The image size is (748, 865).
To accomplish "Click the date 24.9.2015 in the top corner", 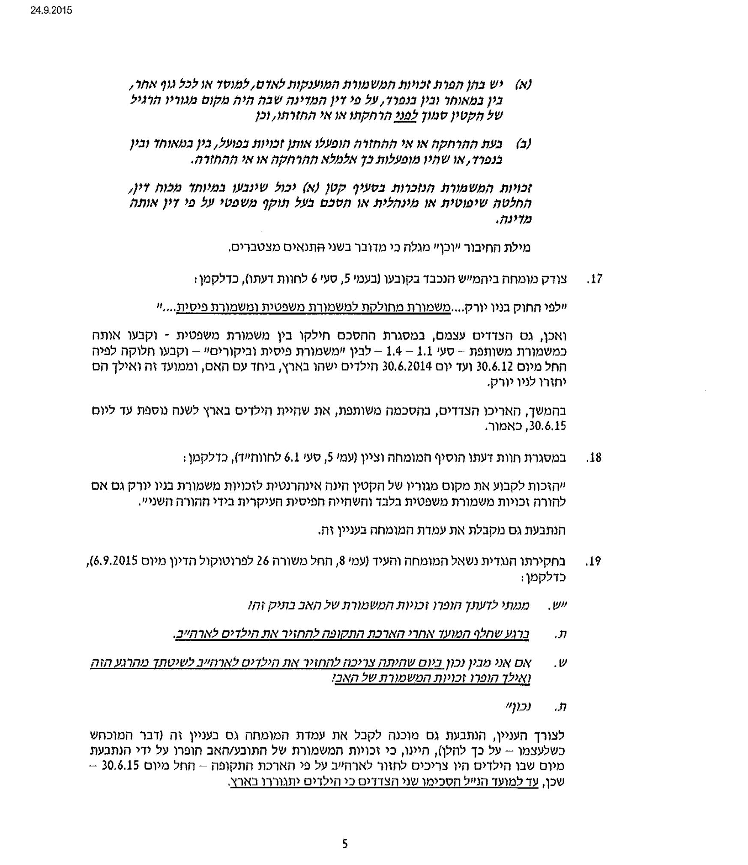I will (51, 10).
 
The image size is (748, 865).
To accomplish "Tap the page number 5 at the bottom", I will (345, 844).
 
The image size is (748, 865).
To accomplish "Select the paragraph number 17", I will (595, 280).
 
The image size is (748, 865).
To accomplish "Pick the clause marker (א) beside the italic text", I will (523, 84).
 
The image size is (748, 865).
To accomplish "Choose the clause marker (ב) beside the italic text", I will (523, 143).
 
